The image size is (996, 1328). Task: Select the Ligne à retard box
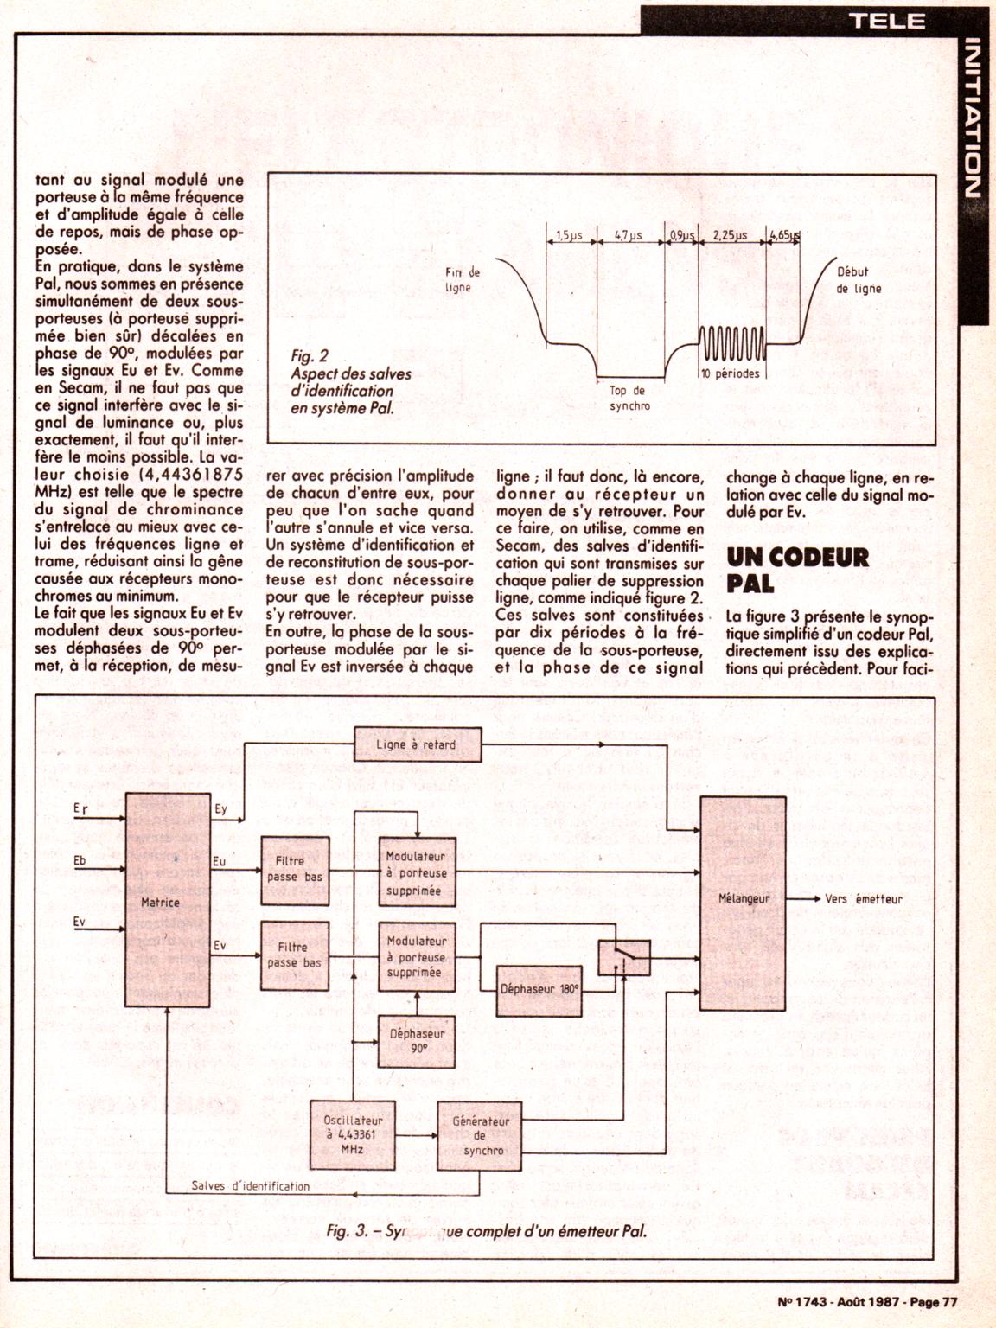tap(417, 745)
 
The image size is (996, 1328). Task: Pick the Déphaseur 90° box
tap(417, 1040)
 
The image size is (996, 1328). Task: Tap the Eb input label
tap(80, 861)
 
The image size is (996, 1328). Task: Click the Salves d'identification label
tap(250, 1185)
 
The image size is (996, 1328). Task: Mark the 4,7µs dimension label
tap(628, 234)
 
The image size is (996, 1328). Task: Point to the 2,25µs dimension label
tap(730, 234)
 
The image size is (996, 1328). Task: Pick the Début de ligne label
tap(858, 280)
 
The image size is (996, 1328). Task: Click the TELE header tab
tap(887, 20)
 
